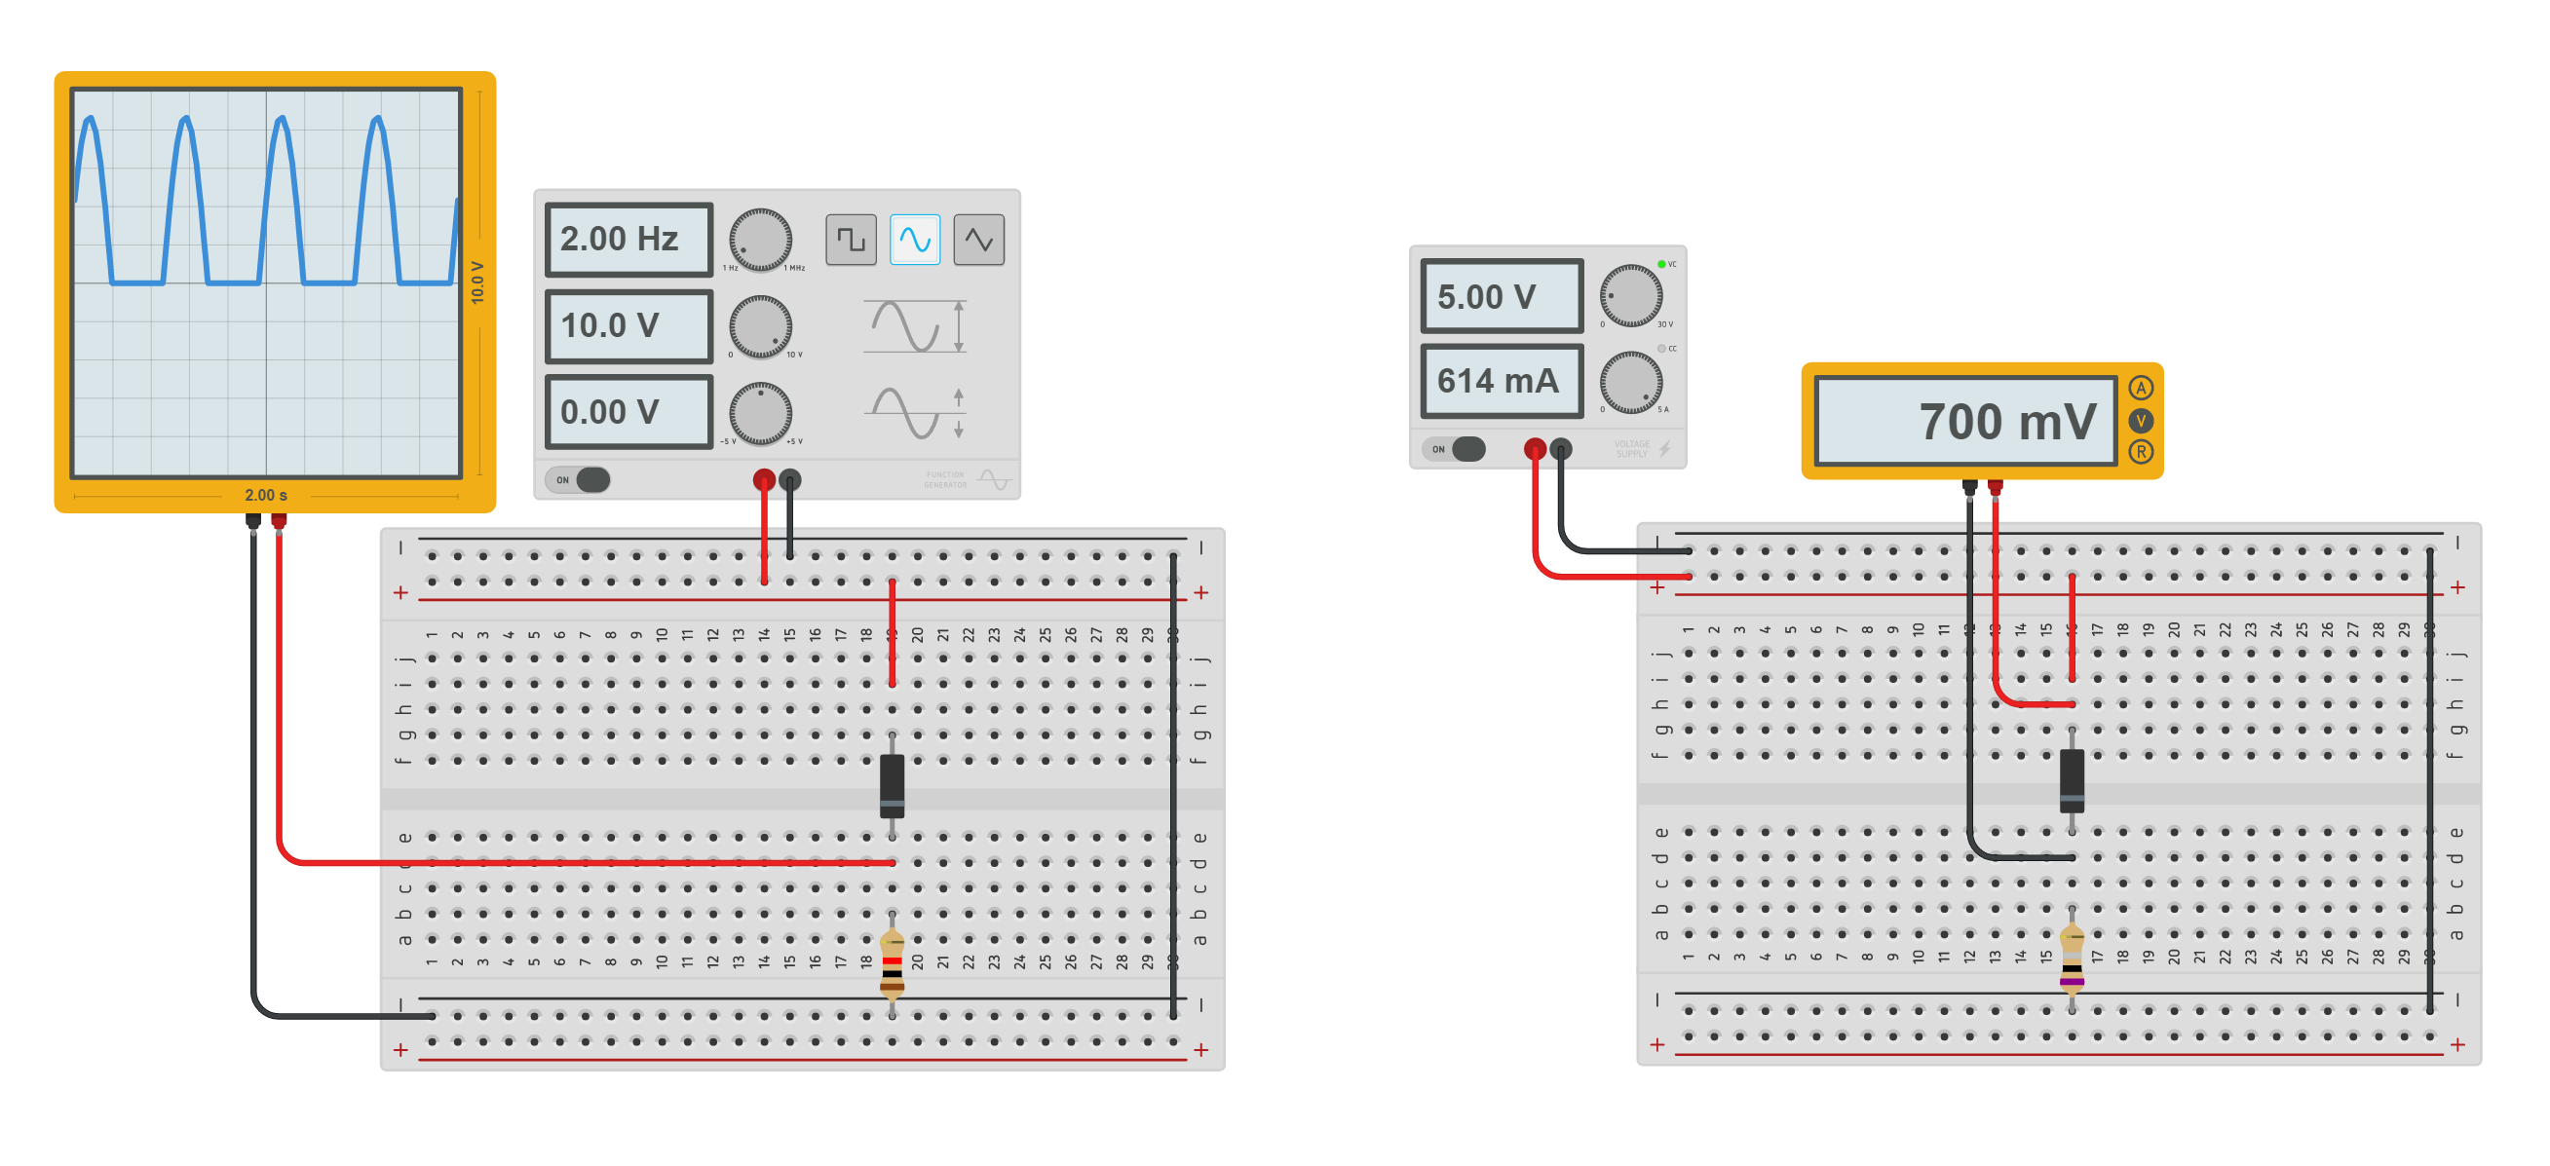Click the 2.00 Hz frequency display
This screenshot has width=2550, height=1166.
pyautogui.click(x=628, y=240)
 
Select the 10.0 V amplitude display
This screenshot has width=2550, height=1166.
pyautogui.click(x=628, y=325)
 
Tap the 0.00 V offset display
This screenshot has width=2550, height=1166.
pyautogui.click(x=628, y=412)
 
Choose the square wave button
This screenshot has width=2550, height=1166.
pyautogui.click(x=851, y=240)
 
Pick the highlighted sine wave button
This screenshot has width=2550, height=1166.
pyautogui.click(x=914, y=240)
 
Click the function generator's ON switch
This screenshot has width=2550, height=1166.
pyautogui.click(x=580, y=480)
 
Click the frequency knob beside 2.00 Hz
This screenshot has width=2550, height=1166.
pyautogui.click(x=759, y=240)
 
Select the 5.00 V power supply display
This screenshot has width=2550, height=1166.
pyautogui.click(x=1501, y=296)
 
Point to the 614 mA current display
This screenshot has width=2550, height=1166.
pyautogui.click(x=1501, y=381)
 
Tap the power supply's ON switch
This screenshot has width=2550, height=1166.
pyautogui.click(x=1456, y=449)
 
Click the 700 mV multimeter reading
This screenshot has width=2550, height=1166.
pyautogui.click(x=1966, y=422)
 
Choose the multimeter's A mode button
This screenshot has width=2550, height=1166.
pyautogui.click(x=2140, y=388)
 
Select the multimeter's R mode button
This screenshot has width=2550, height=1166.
pyautogui.click(x=2140, y=452)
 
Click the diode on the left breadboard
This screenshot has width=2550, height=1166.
pyautogui.click(x=892, y=787)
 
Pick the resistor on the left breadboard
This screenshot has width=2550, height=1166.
pyautogui.click(x=892, y=962)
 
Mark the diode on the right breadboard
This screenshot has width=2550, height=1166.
pyautogui.click(x=2071, y=781)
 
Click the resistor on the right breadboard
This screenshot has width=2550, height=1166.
pyautogui.click(x=2071, y=959)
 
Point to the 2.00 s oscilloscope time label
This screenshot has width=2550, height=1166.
pyautogui.click(x=265, y=495)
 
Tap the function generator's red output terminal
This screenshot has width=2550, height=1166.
pyautogui.click(x=763, y=481)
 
